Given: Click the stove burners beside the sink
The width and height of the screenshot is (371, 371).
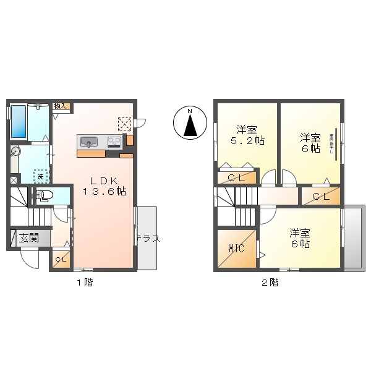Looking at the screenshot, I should [x=114, y=142].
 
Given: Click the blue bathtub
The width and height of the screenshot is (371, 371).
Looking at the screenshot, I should [x=18, y=122].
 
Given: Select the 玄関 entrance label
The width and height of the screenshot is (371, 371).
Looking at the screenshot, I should [x=28, y=238].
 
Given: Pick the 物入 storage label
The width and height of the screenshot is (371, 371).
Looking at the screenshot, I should [x=60, y=106].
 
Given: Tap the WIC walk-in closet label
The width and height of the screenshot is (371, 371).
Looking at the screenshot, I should [x=236, y=249].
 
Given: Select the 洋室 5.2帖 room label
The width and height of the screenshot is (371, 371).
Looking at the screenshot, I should [x=247, y=135].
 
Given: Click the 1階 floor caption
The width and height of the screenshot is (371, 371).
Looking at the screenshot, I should [x=85, y=283].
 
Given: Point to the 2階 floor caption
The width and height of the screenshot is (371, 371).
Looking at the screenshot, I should [x=269, y=283].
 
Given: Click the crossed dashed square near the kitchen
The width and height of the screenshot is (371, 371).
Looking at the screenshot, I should [x=125, y=124].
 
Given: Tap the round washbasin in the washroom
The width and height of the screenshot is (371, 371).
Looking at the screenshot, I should [x=15, y=150].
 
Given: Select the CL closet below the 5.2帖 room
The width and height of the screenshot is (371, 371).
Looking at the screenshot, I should [x=236, y=178].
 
